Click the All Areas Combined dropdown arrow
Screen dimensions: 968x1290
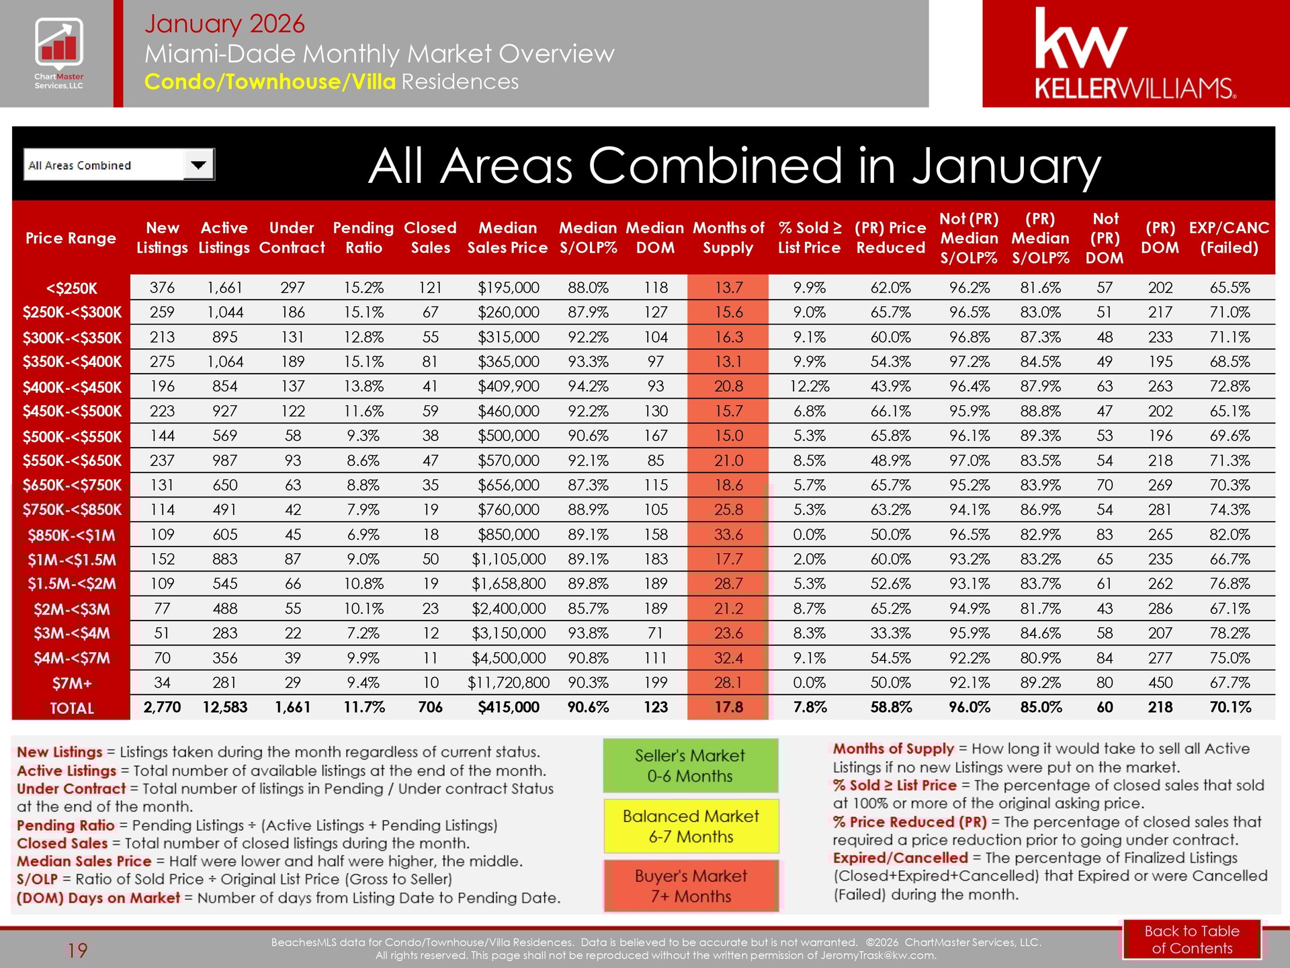pos(198,165)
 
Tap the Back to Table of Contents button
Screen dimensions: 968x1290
pos(1192,939)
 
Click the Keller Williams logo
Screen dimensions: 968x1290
pos(1135,54)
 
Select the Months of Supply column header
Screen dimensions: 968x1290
pos(728,237)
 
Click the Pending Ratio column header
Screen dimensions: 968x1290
pos(363,237)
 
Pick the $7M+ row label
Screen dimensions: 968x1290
pos(72,684)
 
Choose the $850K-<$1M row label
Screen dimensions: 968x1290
pos(72,536)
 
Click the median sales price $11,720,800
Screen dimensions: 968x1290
pos(508,683)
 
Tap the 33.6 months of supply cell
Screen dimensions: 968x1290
pos(728,535)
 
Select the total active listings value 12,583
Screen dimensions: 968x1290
pos(224,707)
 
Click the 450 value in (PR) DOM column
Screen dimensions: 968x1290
pos(1160,683)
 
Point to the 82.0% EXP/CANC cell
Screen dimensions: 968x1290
pos(1230,535)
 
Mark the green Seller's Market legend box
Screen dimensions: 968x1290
pos(690,766)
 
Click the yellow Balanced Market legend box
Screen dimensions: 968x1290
pos(691,826)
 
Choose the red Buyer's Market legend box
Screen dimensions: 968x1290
pos(691,886)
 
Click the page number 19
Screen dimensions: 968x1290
pos(77,951)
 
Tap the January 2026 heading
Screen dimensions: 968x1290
pos(224,24)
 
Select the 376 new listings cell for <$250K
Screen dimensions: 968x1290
pos(162,288)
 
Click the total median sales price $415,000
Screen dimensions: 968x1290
pos(508,707)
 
